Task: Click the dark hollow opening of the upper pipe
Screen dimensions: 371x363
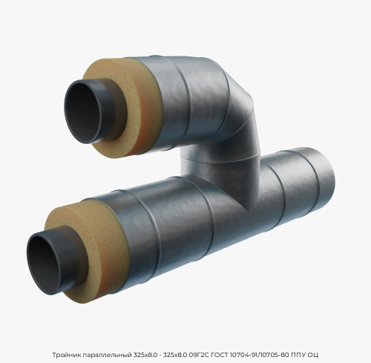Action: point(81,112)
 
